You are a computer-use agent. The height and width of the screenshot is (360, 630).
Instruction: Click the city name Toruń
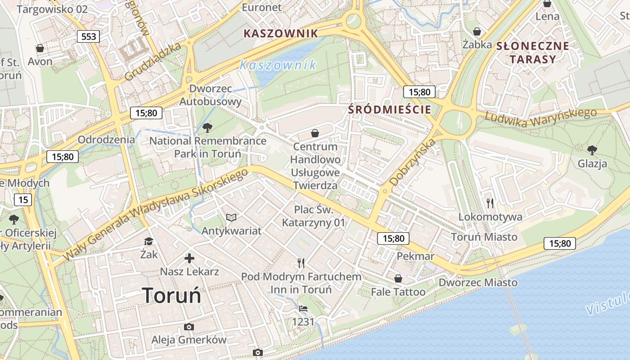[x=172, y=296]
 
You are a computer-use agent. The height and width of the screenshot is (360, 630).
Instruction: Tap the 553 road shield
[x=88, y=36]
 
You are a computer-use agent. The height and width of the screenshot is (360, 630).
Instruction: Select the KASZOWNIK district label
[x=280, y=33]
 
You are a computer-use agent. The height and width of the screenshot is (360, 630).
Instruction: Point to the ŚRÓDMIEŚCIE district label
[x=390, y=109]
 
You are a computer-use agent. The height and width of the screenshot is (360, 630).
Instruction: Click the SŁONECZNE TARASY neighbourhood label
[x=532, y=52]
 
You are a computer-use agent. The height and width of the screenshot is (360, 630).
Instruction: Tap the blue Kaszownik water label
[x=278, y=65]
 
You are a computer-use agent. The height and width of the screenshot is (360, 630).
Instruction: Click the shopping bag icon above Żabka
[x=477, y=31]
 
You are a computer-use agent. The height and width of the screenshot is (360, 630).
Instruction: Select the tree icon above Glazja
[x=592, y=150]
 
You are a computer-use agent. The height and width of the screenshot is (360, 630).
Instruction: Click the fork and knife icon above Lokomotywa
[x=490, y=203]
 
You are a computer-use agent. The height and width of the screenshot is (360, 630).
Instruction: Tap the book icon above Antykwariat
[x=231, y=218]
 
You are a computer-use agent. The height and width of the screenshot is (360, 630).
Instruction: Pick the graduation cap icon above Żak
[x=148, y=242]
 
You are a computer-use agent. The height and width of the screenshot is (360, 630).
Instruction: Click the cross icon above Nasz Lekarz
[x=189, y=258]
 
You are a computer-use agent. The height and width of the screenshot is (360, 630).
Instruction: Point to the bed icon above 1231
[x=303, y=309]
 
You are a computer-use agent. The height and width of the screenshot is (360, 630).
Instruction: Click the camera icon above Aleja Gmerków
[x=189, y=327]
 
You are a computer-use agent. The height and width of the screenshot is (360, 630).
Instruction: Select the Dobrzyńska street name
[x=413, y=162]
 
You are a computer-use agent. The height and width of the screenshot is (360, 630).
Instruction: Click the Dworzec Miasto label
[x=478, y=283]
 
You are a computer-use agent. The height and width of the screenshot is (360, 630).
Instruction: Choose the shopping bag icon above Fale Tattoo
[x=398, y=279]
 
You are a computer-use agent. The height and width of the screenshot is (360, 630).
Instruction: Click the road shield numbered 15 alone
[x=23, y=200]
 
